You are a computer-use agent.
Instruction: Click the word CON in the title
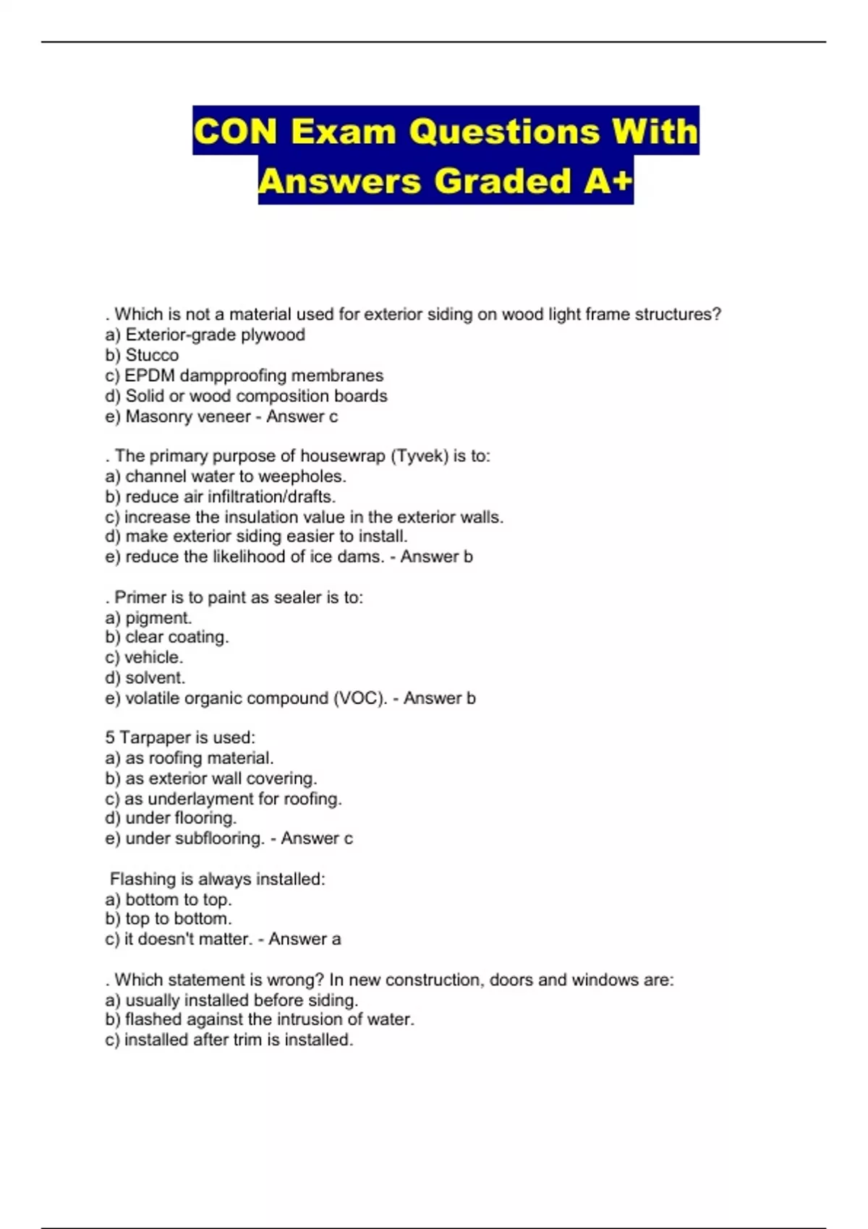click(x=235, y=132)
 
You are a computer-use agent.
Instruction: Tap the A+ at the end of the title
click(x=608, y=181)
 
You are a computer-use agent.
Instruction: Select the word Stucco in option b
click(x=152, y=355)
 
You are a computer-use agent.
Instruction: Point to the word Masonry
click(x=156, y=416)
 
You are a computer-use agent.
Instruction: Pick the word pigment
click(x=158, y=618)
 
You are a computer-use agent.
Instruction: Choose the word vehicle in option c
click(x=153, y=657)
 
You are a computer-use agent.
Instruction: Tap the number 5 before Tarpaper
click(x=110, y=737)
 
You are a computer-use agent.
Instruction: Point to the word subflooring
click(x=215, y=839)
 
